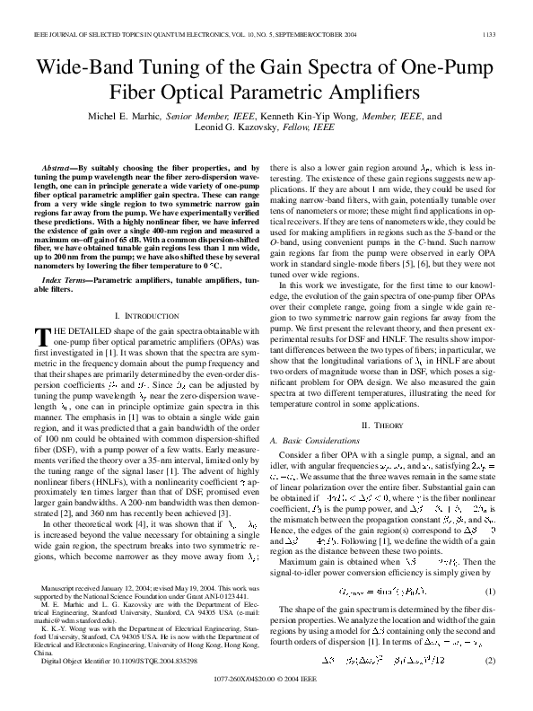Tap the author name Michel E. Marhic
[133, 117]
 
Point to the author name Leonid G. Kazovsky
[232, 128]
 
